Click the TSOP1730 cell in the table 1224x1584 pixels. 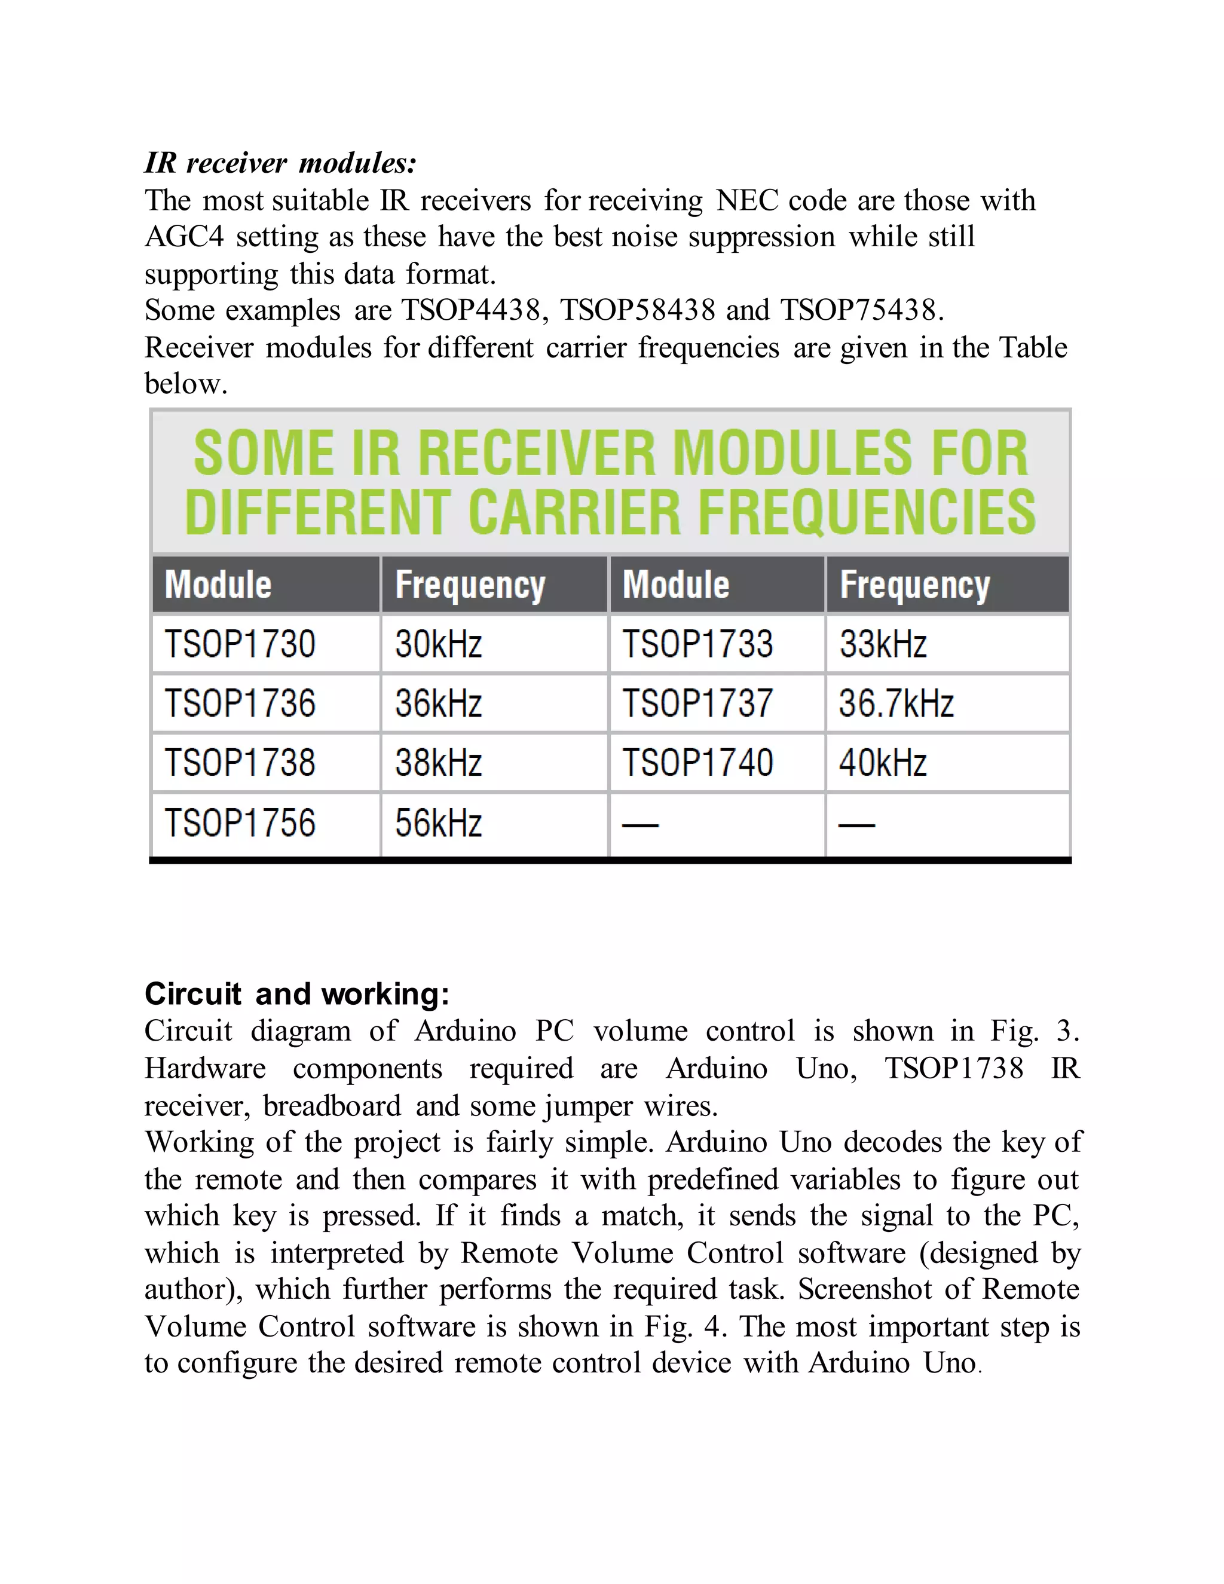pos(240,644)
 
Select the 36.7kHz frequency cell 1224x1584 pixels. pos(896,704)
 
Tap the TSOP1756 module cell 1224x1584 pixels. pos(240,823)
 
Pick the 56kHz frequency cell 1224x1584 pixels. pos(438,823)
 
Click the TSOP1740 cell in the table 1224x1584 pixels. pos(697,763)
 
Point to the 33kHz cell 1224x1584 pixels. pos(883,644)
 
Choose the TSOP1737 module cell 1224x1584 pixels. pos(697,704)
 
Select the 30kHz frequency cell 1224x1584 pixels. pos(438,644)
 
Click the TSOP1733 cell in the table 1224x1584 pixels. pos(697,644)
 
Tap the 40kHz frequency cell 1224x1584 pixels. pos(883,763)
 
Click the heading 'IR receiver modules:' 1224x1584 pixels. pos(281,163)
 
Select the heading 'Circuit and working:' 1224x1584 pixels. pos(296,993)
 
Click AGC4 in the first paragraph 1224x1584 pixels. pos(184,237)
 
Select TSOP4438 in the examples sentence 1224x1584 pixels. pos(470,310)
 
